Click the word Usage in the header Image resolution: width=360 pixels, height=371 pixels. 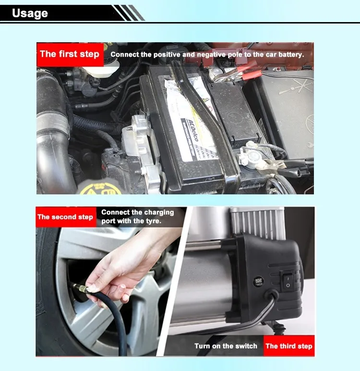30,13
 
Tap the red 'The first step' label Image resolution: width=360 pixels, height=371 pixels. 70,54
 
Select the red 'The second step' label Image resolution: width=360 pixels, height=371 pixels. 65,217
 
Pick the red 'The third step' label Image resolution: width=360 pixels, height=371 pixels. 288,346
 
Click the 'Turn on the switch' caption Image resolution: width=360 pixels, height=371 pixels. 226,346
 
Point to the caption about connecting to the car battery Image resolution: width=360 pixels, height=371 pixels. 207,54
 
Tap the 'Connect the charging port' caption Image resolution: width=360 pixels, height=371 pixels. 137,216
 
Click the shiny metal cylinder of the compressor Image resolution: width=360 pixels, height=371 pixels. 206,283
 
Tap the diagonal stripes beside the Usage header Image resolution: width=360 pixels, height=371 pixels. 129,13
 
